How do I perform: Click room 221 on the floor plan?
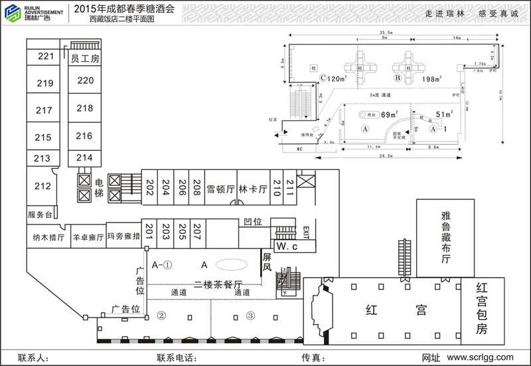(45, 56)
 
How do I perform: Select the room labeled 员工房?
(85, 59)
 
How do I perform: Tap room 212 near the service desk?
(42, 187)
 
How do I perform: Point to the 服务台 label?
(40, 215)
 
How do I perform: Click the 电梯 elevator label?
(99, 188)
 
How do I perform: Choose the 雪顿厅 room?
(220, 189)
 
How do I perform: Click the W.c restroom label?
(286, 247)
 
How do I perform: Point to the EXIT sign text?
(306, 232)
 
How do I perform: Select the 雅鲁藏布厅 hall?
(445, 237)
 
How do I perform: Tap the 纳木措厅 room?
(48, 236)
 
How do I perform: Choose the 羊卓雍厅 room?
(88, 236)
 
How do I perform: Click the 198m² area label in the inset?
(432, 79)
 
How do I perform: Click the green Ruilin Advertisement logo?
(12, 13)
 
